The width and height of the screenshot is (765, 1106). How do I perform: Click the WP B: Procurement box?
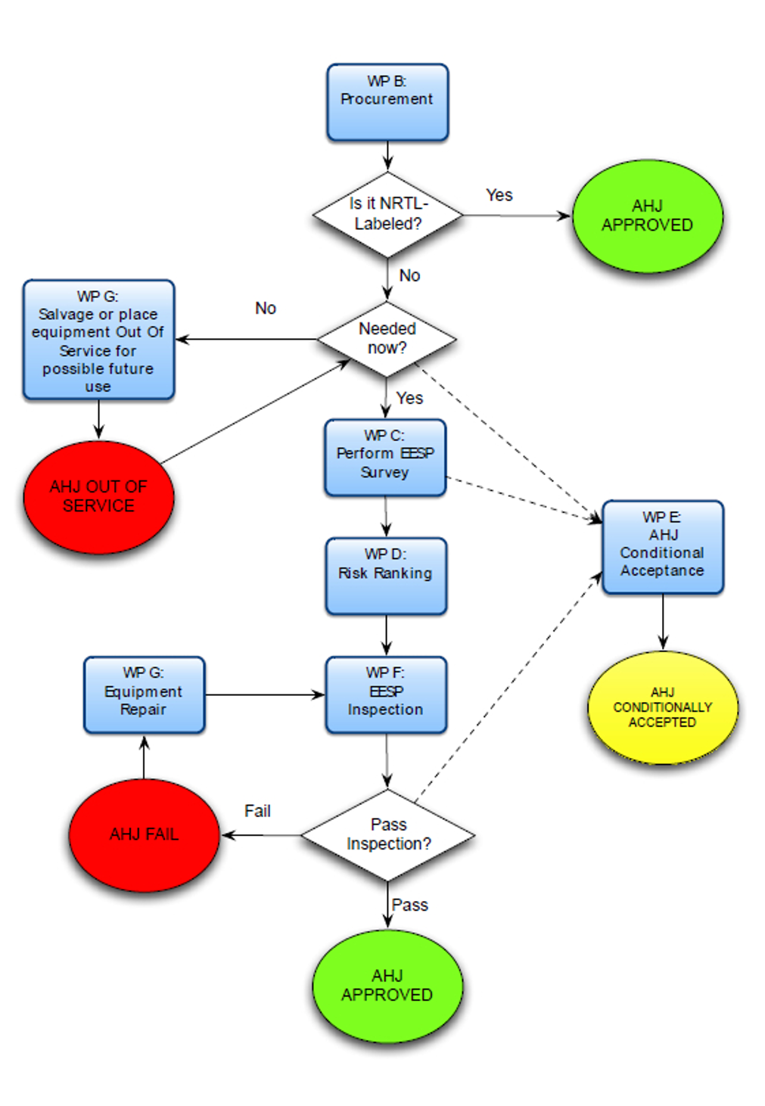[x=387, y=102]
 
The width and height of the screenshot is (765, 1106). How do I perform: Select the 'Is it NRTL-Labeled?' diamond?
[x=387, y=214]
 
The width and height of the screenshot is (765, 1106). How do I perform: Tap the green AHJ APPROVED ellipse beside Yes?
[x=647, y=216]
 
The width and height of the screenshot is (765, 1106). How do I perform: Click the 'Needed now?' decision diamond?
[x=387, y=339]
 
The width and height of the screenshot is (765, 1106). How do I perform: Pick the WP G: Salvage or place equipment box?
[x=98, y=340]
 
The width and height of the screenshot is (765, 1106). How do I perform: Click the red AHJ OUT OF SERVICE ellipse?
[x=98, y=497]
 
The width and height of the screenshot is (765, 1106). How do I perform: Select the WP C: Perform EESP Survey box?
[x=385, y=458]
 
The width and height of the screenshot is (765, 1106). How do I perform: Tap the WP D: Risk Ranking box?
[x=386, y=575]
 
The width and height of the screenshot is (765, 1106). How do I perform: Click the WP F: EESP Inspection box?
[x=386, y=694]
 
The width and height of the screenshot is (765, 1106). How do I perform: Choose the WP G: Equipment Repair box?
[x=144, y=694]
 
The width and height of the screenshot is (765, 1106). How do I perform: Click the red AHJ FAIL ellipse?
[x=144, y=834]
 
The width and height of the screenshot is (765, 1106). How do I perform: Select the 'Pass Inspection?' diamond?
[x=387, y=834]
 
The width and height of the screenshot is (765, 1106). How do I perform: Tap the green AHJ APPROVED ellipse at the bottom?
[x=387, y=986]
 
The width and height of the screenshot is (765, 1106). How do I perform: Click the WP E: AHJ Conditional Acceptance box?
[x=663, y=546]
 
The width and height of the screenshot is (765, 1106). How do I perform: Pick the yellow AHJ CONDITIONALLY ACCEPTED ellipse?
[x=663, y=707]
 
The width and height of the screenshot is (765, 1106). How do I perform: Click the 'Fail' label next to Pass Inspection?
[x=257, y=811]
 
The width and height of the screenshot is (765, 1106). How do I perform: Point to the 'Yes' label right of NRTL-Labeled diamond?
[x=499, y=195]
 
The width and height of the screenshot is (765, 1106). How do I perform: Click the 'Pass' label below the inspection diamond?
[x=410, y=905]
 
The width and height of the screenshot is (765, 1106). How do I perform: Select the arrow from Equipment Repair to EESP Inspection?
[x=265, y=694]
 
